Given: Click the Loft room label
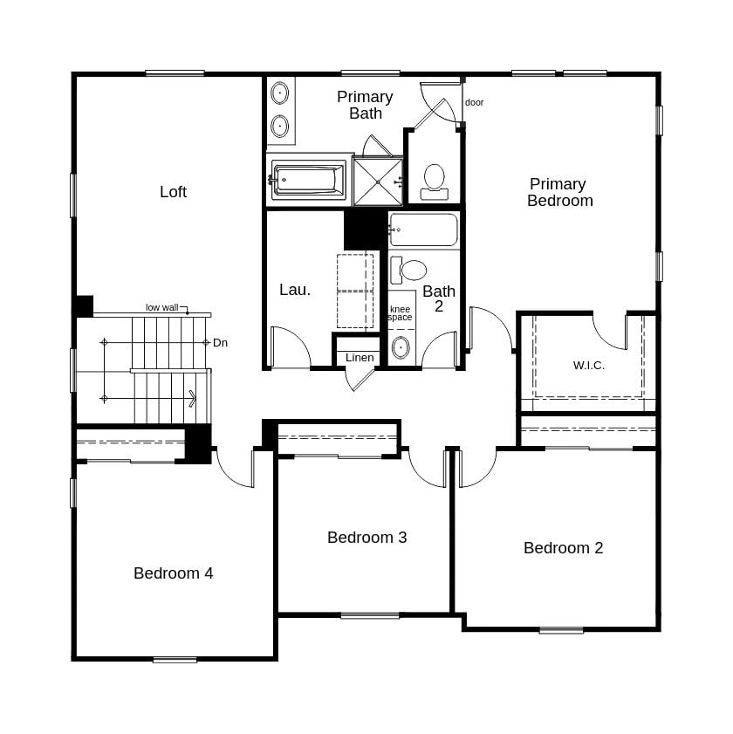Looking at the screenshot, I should pyautogui.click(x=173, y=192).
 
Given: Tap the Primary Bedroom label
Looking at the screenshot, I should pyautogui.click(x=559, y=192).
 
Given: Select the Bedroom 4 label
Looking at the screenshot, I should pyautogui.click(x=173, y=573).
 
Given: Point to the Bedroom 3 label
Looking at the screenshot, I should pyautogui.click(x=366, y=538).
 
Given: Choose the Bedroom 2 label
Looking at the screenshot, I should pyautogui.click(x=563, y=548).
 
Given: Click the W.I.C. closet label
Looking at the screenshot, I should pyautogui.click(x=588, y=366).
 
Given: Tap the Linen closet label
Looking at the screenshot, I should pyautogui.click(x=360, y=358).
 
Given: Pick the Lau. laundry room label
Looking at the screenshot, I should pyautogui.click(x=295, y=290).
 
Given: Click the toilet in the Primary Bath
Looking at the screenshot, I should pyautogui.click(x=435, y=179).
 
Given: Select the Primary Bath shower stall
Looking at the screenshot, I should pyautogui.click(x=378, y=182).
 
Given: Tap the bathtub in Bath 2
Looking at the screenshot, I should pyautogui.click(x=423, y=230).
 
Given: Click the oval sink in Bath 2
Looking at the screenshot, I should pyautogui.click(x=401, y=347).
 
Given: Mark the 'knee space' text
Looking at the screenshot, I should pyautogui.click(x=400, y=313).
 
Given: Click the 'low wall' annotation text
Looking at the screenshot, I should pyautogui.click(x=162, y=307).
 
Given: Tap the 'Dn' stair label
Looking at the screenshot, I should pyautogui.click(x=220, y=343).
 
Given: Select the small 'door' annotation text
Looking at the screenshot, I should pyautogui.click(x=474, y=102).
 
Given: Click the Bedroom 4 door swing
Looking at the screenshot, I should pyautogui.click(x=233, y=467).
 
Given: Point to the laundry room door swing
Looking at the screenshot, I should pyautogui.click(x=290, y=346).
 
